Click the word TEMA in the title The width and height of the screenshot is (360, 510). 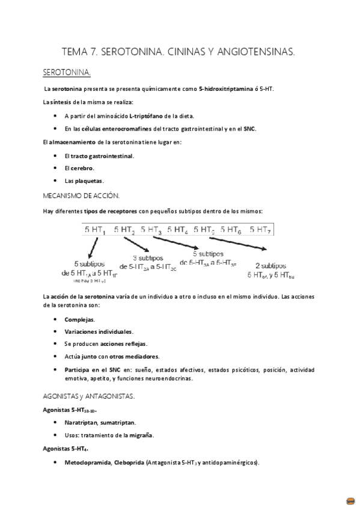tap(76, 52)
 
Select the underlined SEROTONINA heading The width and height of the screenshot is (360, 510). tap(67, 73)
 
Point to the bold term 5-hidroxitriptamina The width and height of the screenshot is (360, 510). tap(226, 89)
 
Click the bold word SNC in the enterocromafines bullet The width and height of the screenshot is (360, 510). tap(249, 129)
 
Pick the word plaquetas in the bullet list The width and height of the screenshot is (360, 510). tap(88, 180)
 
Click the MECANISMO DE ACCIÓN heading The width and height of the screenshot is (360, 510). tap(81, 195)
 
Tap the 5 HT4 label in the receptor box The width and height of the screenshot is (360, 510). tap(177, 229)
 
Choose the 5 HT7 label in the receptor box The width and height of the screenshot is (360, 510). tap(260, 229)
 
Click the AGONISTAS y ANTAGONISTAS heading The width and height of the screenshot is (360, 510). tap(89, 396)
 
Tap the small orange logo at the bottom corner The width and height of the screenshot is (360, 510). tap(350, 500)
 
